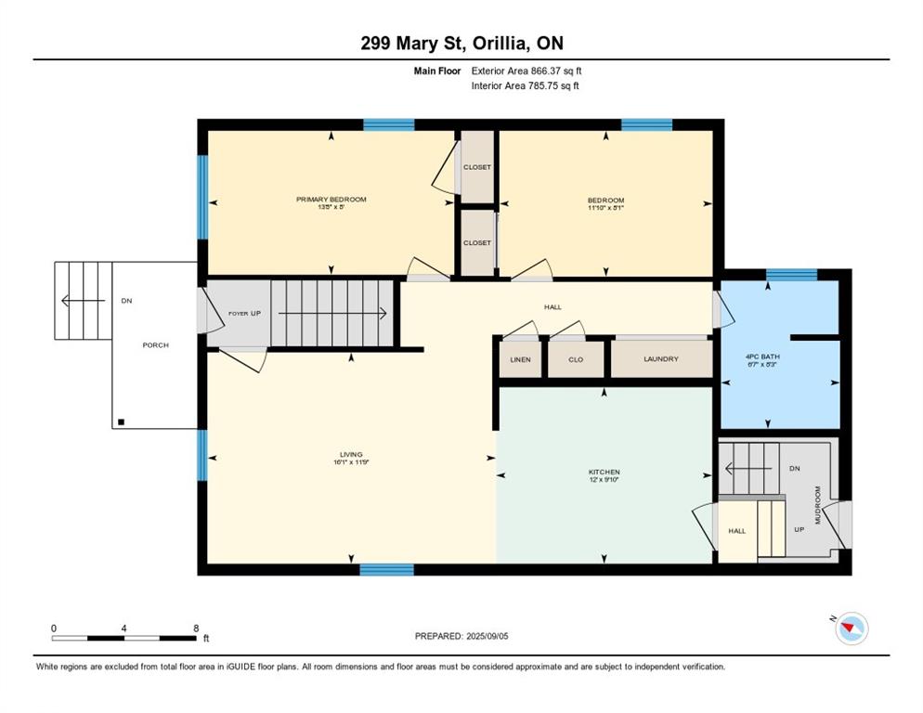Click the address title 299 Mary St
point(461,43)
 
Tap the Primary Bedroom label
point(331,200)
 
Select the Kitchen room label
point(604,472)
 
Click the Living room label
point(351,455)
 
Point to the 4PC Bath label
point(766,356)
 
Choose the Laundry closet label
point(660,359)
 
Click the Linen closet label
point(520,359)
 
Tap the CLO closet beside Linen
point(576,359)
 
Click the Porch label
point(155,345)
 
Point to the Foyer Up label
point(244,314)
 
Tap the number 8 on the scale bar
point(196,628)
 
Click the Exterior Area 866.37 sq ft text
point(526,71)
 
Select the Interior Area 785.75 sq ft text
point(526,86)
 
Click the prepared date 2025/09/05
point(462,636)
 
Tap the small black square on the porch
point(121,422)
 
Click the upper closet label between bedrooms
point(477,167)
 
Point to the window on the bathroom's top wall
point(791,274)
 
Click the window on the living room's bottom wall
point(386,569)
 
